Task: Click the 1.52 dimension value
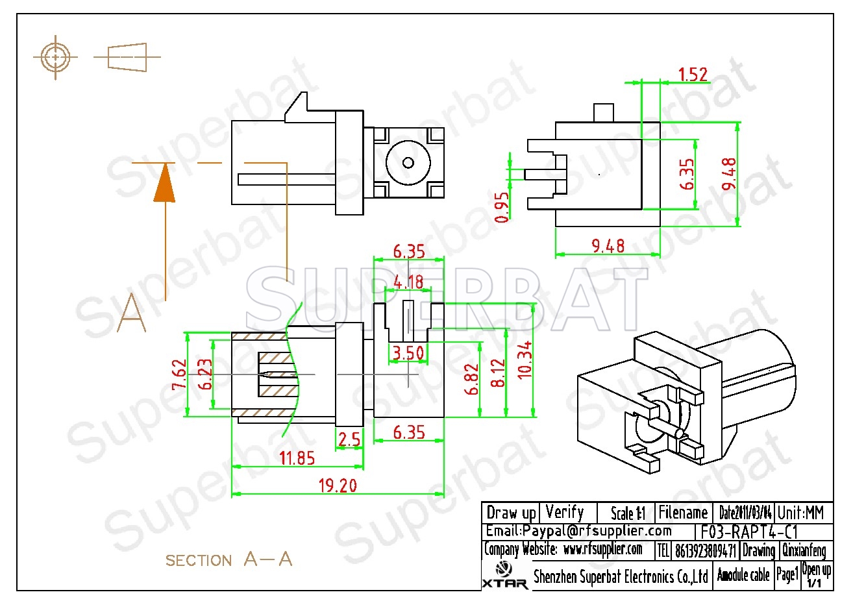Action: [693, 75]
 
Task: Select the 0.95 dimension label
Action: [502, 206]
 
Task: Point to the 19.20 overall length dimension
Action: [338, 485]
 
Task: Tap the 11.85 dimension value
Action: [297, 458]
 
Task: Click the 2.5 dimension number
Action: [349, 439]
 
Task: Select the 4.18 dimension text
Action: [408, 282]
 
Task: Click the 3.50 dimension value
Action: [408, 353]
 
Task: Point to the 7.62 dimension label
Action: [179, 375]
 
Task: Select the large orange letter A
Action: [132, 312]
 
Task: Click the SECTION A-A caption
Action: [229, 559]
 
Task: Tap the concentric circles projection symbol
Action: [56, 58]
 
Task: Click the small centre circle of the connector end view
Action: [408, 162]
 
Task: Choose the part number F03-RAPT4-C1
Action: [750, 532]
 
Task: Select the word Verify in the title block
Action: [565, 512]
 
